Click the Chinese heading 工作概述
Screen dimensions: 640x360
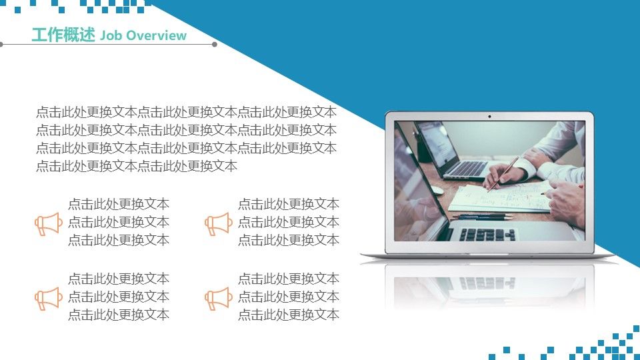click(x=63, y=35)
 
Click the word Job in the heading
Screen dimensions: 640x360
click(x=111, y=35)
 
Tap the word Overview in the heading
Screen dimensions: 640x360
click(x=156, y=35)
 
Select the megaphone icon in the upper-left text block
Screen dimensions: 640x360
click(x=49, y=224)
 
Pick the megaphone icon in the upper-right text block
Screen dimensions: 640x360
click(x=219, y=224)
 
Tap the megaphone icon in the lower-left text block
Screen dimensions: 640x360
click(x=49, y=299)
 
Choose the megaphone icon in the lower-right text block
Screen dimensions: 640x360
click(x=219, y=299)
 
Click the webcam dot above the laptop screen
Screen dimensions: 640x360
click(x=489, y=116)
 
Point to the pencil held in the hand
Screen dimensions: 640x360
click(x=503, y=174)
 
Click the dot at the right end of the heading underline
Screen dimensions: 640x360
click(x=215, y=44)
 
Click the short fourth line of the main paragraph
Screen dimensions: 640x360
click(x=137, y=166)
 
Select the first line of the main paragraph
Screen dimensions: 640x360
click(x=186, y=112)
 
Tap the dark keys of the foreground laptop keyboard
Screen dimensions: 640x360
click(x=487, y=234)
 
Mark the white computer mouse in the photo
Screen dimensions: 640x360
click(x=437, y=190)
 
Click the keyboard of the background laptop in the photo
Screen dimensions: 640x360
click(x=465, y=168)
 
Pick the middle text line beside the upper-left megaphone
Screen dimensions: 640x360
click(x=119, y=222)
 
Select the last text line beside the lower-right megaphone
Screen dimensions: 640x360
click(x=289, y=315)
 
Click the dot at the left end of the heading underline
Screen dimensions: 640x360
click(x=1, y=44)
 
